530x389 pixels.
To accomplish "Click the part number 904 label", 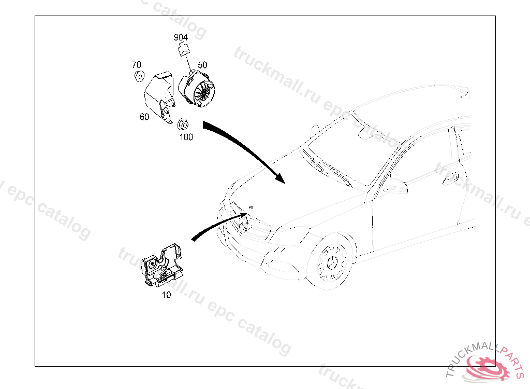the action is click(x=181, y=37).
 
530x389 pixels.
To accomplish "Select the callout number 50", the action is click(x=202, y=65).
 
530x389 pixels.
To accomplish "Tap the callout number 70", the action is click(x=136, y=65).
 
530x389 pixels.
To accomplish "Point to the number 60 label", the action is click(x=144, y=117).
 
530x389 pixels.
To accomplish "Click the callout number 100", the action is click(x=186, y=137).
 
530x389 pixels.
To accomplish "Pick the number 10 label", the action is click(x=166, y=295).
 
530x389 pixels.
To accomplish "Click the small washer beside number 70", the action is click(x=139, y=77).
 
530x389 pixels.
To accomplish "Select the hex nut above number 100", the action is click(x=183, y=124).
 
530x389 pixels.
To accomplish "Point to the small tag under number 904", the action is click(x=183, y=50).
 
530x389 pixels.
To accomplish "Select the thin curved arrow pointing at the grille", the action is click(x=217, y=224).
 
